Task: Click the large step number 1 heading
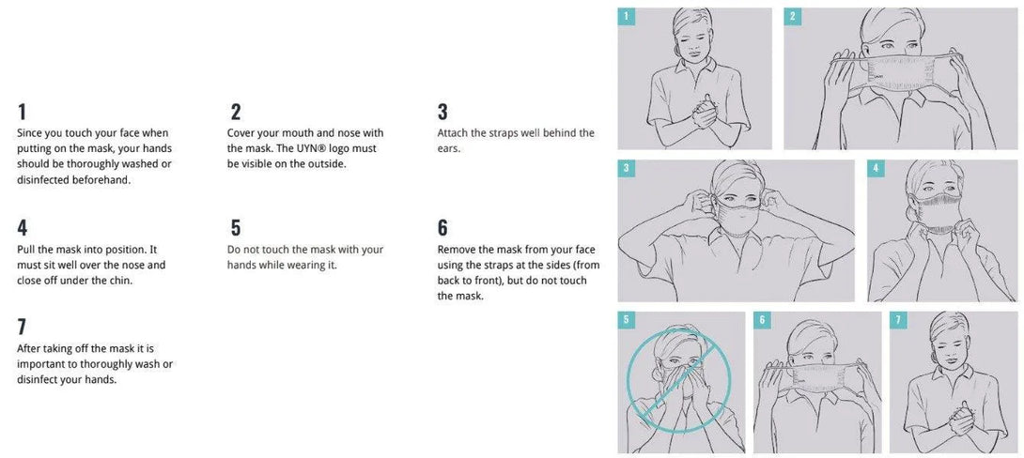(23, 113)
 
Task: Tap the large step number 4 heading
(23, 228)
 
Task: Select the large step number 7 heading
(23, 328)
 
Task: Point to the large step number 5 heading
(236, 228)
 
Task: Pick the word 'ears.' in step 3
(449, 148)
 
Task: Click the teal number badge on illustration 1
(626, 16)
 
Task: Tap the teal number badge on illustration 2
(792, 16)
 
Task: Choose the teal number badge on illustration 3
(626, 168)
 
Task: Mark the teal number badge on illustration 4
(876, 168)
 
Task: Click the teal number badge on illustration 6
(762, 320)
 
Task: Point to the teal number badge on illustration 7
(898, 320)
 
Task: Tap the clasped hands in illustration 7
(961, 419)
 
